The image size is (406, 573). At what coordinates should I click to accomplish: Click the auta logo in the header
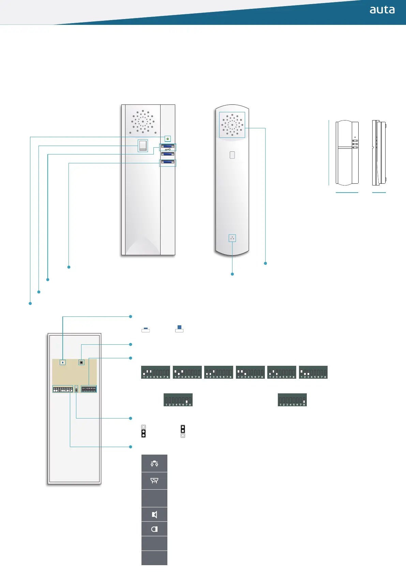[382, 10]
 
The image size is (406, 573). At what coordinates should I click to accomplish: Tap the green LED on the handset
[167, 139]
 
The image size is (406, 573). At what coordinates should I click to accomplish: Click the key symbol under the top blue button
[167, 149]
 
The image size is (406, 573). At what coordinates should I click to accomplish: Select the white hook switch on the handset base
[143, 146]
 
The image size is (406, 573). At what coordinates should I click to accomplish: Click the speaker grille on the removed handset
[232, 125]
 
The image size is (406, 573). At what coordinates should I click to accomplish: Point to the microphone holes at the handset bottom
[232, 238]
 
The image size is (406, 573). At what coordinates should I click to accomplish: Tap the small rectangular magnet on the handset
[232, 155]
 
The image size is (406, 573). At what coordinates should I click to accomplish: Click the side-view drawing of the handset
[379, 152]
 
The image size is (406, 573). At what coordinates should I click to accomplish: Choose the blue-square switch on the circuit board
[63, 362]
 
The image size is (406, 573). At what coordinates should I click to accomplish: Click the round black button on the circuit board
[81, 362]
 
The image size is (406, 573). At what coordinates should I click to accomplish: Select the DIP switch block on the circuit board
[89, 389]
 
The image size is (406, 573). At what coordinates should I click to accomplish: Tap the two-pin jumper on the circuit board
[76, 389]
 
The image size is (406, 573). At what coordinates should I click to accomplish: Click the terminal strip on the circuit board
[63, 389]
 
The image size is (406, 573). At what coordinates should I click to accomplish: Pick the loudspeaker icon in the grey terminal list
[154, 514]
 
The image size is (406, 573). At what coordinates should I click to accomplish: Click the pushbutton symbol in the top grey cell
[154, 463]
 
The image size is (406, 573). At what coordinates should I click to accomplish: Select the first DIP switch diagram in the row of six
[155, 372]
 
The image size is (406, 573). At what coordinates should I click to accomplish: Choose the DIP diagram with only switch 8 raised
[292, 400]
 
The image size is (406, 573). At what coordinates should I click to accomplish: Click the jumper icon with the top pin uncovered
[144, 431]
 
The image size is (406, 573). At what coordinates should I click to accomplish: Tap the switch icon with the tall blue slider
[179, 329]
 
